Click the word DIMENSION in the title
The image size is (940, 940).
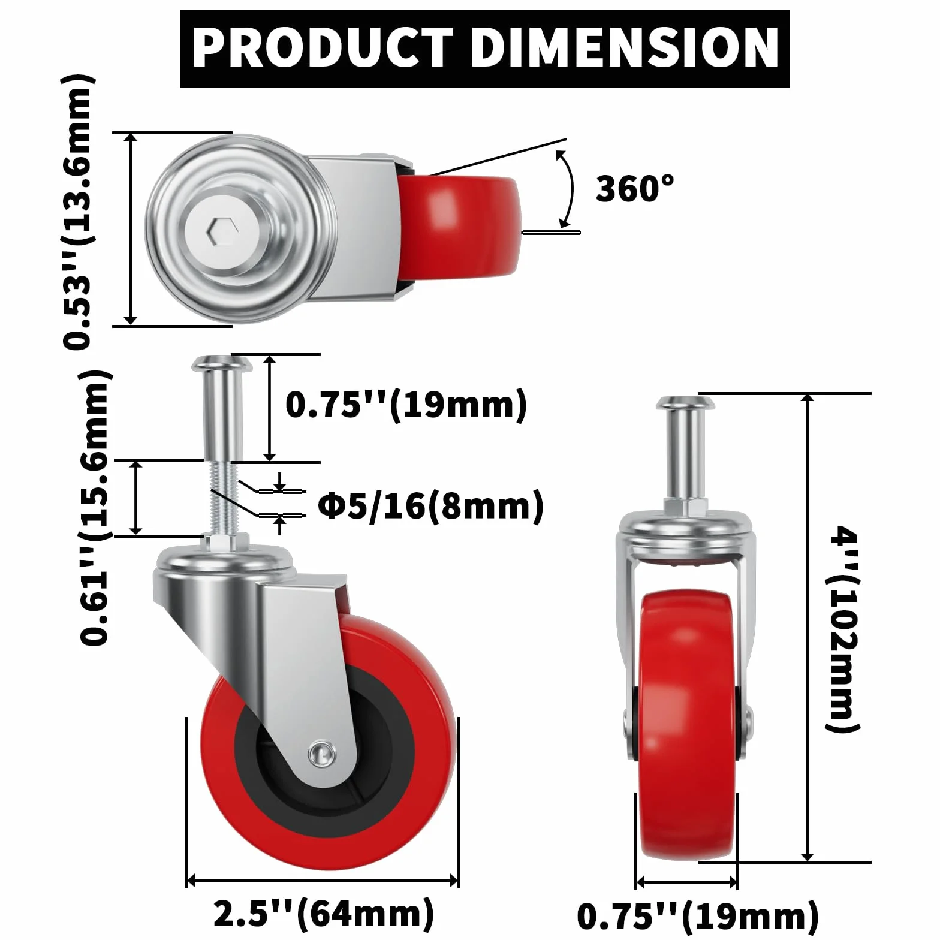click(x=625, y=49)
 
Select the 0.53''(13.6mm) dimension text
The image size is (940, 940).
click(x=78, y=212)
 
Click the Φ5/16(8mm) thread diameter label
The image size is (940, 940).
click(x=430, y=506)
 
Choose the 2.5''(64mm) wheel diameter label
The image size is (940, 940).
click(x=324, y=914)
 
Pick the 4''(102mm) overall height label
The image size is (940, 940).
click(x=843, y=629)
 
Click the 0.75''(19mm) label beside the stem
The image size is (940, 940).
click(x=406, y=405)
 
